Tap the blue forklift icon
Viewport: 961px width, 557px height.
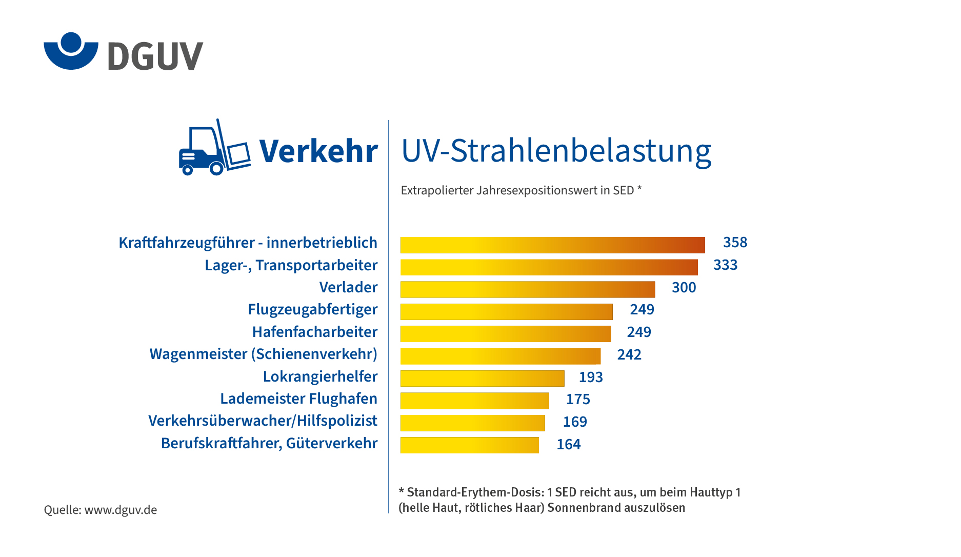tap(214, 149)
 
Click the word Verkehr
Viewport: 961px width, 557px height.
tap(318, 151)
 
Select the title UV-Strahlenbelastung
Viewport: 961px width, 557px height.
tap(556, 151)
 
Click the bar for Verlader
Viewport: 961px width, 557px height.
tap(527, 289)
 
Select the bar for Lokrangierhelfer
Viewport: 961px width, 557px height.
tap(482, 379)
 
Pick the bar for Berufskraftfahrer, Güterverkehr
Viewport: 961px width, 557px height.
tap(469, 445)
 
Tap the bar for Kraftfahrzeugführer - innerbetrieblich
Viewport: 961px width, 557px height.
tap(552, 245)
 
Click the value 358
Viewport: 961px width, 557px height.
tap(735, 243)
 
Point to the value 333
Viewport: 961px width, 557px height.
tap(725, 265)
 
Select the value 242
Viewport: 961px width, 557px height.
tap(629, 355)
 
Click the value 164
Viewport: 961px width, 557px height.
tap(568, 445)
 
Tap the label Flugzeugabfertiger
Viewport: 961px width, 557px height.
tap(312, 310)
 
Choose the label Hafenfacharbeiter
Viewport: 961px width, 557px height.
tap(314, 332)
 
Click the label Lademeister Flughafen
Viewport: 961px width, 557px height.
tap(298, 399)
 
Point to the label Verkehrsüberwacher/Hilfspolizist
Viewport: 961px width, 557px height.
tap(263, 421)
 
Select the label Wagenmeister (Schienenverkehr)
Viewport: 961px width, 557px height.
tap(263, 354)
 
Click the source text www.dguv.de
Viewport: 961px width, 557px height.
tap(121, 510)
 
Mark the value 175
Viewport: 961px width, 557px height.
tap(578, 400)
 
